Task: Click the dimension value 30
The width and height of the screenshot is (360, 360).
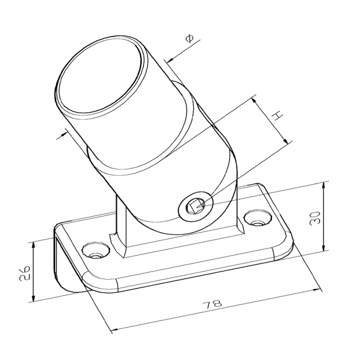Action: point(315,218)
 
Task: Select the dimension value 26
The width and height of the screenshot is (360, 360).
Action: point(24,272)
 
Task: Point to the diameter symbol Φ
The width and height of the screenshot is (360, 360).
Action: point(189,38)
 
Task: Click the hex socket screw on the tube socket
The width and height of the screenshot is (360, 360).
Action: point(196,205)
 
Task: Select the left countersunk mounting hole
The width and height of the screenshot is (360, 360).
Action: point(96,250)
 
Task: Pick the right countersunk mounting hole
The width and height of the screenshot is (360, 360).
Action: point(258,218)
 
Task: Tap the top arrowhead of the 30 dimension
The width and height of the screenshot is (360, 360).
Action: point(323,186)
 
